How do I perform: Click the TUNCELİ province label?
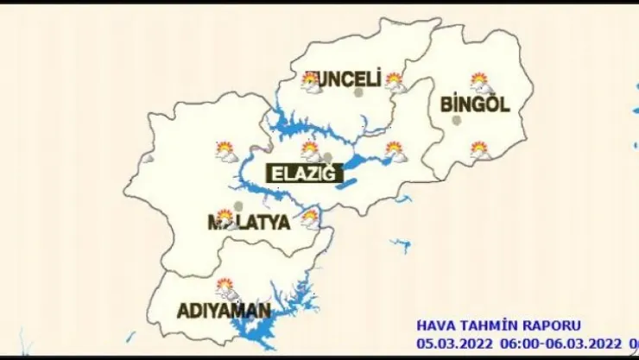[x=344, y=80]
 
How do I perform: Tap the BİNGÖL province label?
[x=475, y=105]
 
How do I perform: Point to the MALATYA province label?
[x=249, y=222]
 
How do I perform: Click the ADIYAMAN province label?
[x=224, y=311]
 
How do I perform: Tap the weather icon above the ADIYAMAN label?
[x=227, y=287]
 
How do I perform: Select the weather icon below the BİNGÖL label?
[x=480, y=151]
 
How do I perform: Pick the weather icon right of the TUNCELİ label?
[x=395, y=82]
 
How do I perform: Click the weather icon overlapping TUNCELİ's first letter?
[x=310, y=82]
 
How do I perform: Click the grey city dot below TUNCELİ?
[x=357, y=92]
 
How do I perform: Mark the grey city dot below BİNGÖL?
[x=458, y=120]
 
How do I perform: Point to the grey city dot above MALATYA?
[x=238, y=206]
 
